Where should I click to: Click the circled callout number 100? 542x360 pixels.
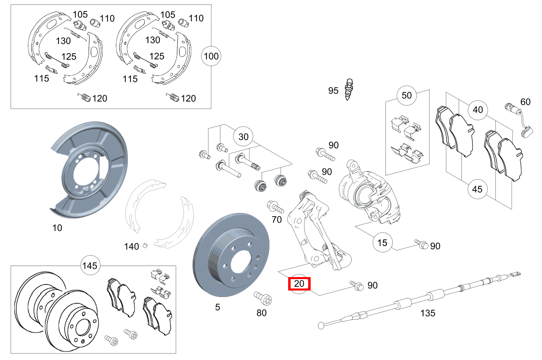(211, 56)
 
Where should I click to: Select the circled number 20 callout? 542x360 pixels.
(300, 283)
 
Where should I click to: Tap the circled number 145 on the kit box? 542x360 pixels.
(90, 266)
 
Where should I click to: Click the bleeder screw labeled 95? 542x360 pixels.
(349, 90)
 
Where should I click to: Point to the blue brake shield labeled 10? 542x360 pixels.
(88, 168)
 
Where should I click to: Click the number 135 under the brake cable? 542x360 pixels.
(428, 313)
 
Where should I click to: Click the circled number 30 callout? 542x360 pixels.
(243, 137)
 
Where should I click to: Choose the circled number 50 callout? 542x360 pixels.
(407, 96)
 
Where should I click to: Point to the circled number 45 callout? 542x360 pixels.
(477, 189)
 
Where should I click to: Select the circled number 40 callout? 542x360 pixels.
(477, 110)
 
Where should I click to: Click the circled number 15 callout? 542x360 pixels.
(382, 243)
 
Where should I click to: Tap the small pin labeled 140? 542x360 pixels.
(144, 246)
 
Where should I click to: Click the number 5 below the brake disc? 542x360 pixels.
(217, 307)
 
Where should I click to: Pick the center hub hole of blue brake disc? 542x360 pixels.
(241, 262)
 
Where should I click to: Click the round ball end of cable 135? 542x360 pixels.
(321, 326)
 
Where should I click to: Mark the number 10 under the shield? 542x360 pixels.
(57, 228)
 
